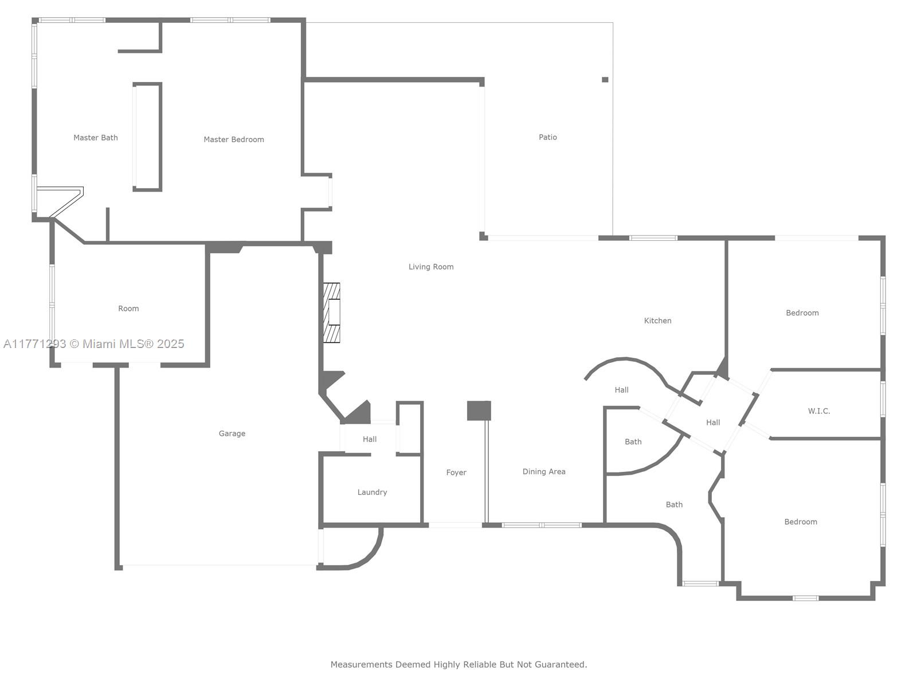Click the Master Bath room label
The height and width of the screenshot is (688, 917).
click(96, 138)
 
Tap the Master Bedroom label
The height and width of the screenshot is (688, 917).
click(233, 139)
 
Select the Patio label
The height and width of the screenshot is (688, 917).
click(548, 137)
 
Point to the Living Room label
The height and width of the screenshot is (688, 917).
click(431, 267)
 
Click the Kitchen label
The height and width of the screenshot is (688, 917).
click(657, 320)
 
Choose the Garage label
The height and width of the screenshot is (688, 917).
click(232, 433)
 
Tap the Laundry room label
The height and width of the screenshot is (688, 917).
click(372, 492)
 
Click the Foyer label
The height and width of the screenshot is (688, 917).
click(456, 472)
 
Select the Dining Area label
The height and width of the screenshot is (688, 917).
click(543, 472)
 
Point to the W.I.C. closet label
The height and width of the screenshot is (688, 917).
click(818, 411)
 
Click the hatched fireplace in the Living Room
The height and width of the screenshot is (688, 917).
click(331, 313)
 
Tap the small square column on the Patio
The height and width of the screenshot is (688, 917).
click(605, 80)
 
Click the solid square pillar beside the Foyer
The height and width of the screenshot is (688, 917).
click(479, 411)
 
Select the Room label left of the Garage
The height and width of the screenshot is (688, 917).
click(128, 308)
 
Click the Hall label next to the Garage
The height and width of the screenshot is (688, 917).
click(369, 439)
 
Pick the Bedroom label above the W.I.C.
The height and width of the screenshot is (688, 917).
click(802, 313)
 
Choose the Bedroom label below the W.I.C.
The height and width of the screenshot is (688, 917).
click(800, 522)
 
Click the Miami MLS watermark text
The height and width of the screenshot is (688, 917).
click(93, 344)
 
